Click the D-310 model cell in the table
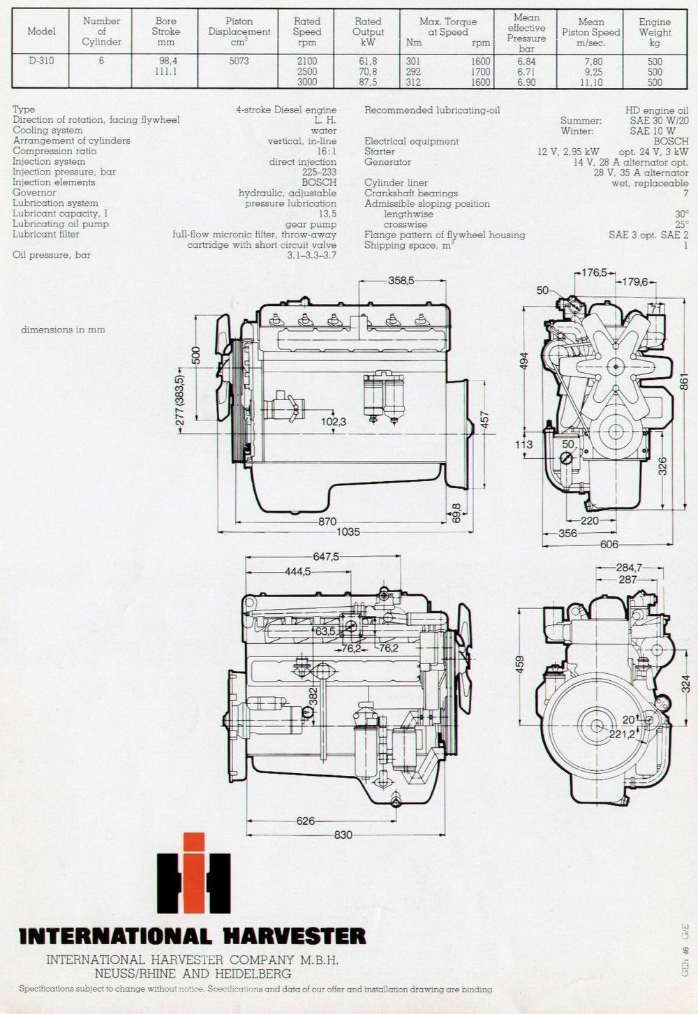(41, 60)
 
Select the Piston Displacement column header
(239, 31)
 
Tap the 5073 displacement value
(239, 61)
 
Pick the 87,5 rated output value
(367, 82)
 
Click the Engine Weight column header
(655, 32)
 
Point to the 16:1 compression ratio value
(327, 152)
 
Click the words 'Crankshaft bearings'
(411, 193)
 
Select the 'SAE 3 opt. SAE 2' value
(648, 235)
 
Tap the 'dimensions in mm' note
(63, 330)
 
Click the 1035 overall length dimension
(348, 532)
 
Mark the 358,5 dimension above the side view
(401, 280)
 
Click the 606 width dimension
(609, 545)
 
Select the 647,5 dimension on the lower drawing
(326, 557)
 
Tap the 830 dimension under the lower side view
(343, 835)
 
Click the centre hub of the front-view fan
(616, 366)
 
